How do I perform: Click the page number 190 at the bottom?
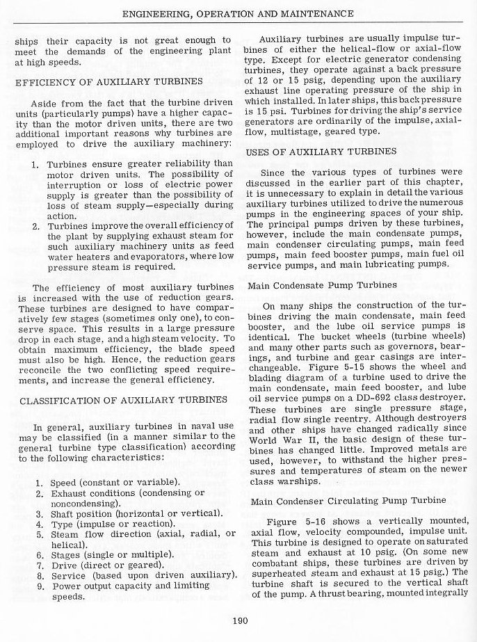[238, 621]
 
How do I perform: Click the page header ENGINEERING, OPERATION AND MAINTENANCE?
[238, 13]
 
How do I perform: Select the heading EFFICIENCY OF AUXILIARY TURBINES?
[109, 81]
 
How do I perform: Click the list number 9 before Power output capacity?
[39, 586]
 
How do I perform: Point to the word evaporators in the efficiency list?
[147, 255]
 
